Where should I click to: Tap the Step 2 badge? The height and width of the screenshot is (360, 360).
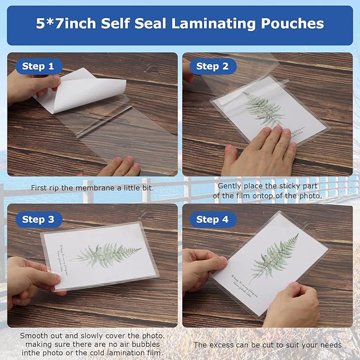click(212, 66)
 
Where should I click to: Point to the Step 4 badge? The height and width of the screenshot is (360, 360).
click(212, 219)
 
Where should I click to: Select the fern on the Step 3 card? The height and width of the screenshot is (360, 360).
click(108, 253)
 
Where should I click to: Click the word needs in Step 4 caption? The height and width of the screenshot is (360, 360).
click(330, 345)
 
